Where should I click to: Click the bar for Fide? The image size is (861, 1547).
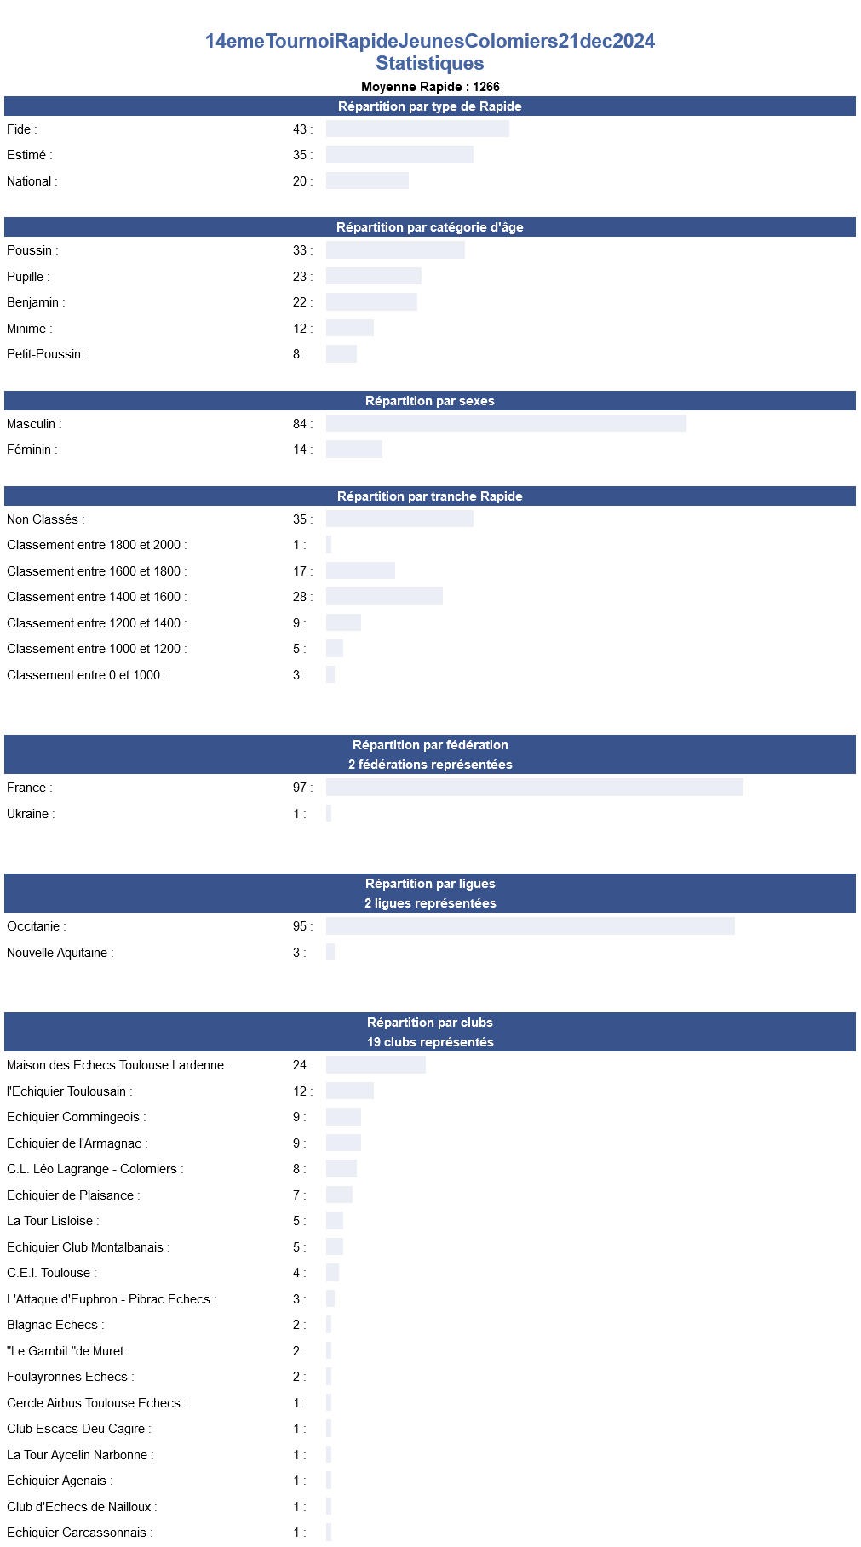[417, 129]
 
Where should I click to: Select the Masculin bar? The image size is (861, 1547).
[506, 423]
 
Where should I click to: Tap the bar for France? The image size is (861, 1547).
[534, 788]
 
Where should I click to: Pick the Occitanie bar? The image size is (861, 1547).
[530, 926]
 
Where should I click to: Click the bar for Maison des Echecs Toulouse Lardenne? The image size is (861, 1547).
[376, 1065]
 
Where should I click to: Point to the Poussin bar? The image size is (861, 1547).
[395, 250]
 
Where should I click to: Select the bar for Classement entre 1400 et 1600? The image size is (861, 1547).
[384, 597]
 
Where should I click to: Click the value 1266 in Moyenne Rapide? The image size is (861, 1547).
[486, 87]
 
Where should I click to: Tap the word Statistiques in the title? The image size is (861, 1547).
[430, 64]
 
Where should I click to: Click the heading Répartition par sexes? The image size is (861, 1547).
[430, 401]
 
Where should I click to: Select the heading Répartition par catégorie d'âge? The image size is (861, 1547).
[430, 227]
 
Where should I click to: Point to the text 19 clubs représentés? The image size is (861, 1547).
[430, 1042]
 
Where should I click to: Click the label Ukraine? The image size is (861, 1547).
[28, 814]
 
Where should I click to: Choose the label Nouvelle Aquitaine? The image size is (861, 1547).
[58, 953]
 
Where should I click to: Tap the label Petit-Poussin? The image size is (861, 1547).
[44, 354]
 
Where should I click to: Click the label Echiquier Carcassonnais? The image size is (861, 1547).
[77, 1533]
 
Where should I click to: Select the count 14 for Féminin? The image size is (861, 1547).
[300, 450]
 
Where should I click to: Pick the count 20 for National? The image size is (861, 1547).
[300, 181]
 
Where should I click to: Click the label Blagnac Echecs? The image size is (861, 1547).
[53, 1325]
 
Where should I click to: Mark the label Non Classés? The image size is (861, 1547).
[43, 519]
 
